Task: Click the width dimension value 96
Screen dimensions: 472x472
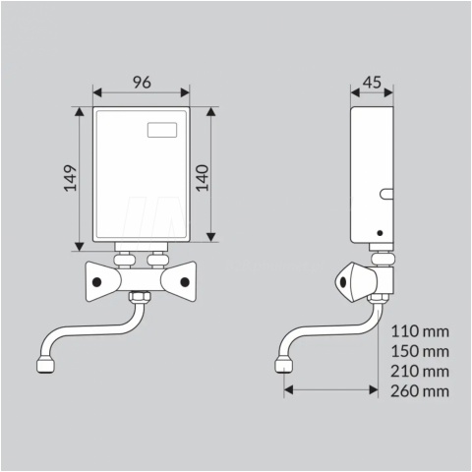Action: point(142,82)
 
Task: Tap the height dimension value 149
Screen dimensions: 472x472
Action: point(70,178)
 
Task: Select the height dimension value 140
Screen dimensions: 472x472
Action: point(203,178)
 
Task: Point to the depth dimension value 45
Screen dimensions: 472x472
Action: point(372,82)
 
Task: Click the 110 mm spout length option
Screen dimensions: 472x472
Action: point(420,331)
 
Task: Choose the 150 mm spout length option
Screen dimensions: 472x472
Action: point(420,351)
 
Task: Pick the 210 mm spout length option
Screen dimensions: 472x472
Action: point(420,372)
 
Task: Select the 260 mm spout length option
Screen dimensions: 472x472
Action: point(420,391)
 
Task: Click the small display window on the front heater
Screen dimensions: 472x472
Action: point(162,130)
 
